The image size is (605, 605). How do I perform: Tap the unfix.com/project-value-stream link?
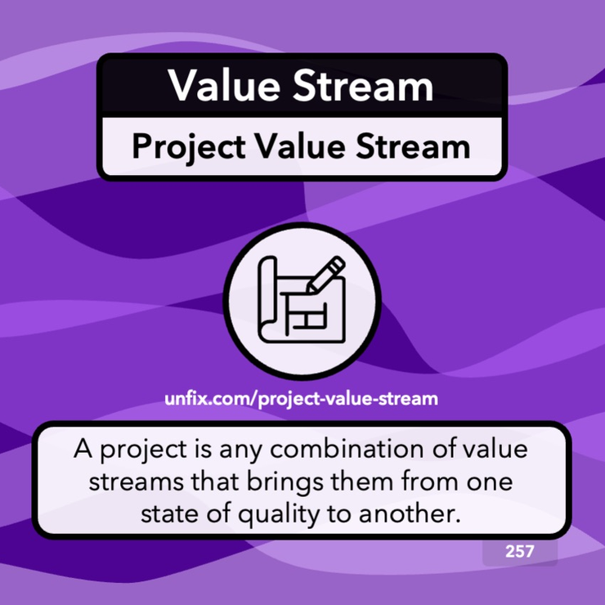point(302,400)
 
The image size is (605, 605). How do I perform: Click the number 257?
point(520,551)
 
